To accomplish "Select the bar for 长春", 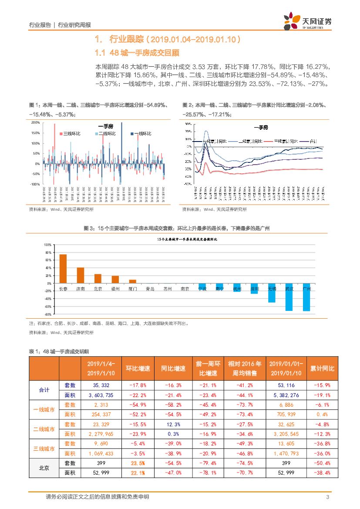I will (x=63, y=269).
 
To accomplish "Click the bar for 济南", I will (x=81, y=275).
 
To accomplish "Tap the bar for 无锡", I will (x=272, y=293).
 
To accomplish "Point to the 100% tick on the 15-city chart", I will (x=48, y=245).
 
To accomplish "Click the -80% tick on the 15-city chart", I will (x=48, y=314).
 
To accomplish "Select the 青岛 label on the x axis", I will (x=150, y=288).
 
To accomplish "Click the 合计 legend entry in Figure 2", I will (x=313, y=141).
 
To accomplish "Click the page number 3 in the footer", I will (x=327, y=497).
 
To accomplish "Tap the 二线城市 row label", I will (x=44, y=429).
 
